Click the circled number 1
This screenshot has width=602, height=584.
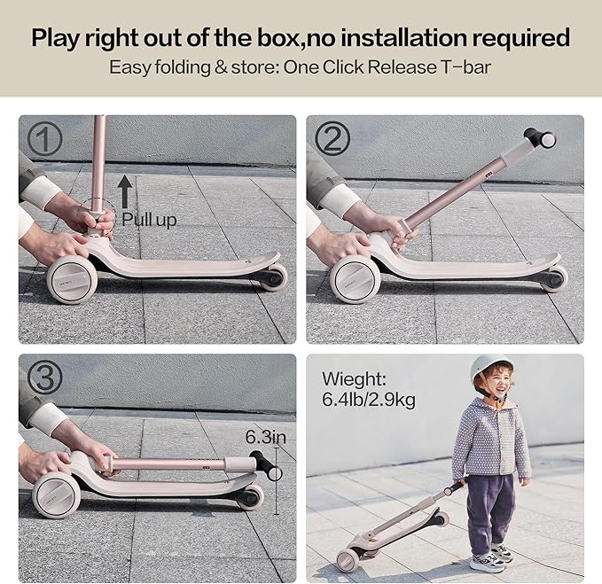(x=44, y=139)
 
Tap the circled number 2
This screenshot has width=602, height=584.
(x=332, y=139)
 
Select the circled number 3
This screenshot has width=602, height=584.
(x=45, y=378)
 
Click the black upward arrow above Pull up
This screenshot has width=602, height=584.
(x=125, y=191)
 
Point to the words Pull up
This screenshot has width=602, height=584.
(x=149, y=220)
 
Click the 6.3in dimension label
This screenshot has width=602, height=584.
(x=266, y=437)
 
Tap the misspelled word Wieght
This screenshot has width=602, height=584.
(x=354, y=379)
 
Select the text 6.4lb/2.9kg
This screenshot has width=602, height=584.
(x=369, y=400)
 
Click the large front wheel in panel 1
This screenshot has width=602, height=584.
(x=72, y=280)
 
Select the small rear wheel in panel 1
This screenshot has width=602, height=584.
(x=273, y=277)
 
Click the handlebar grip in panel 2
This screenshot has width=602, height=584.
(x=540, y=138)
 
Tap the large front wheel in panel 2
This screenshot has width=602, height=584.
(x=356, y=279)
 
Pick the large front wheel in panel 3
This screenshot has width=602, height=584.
(x=57, y=495)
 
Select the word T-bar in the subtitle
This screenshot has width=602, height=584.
(x=465, y=67)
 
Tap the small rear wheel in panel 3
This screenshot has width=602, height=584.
(x=251, y=497)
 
